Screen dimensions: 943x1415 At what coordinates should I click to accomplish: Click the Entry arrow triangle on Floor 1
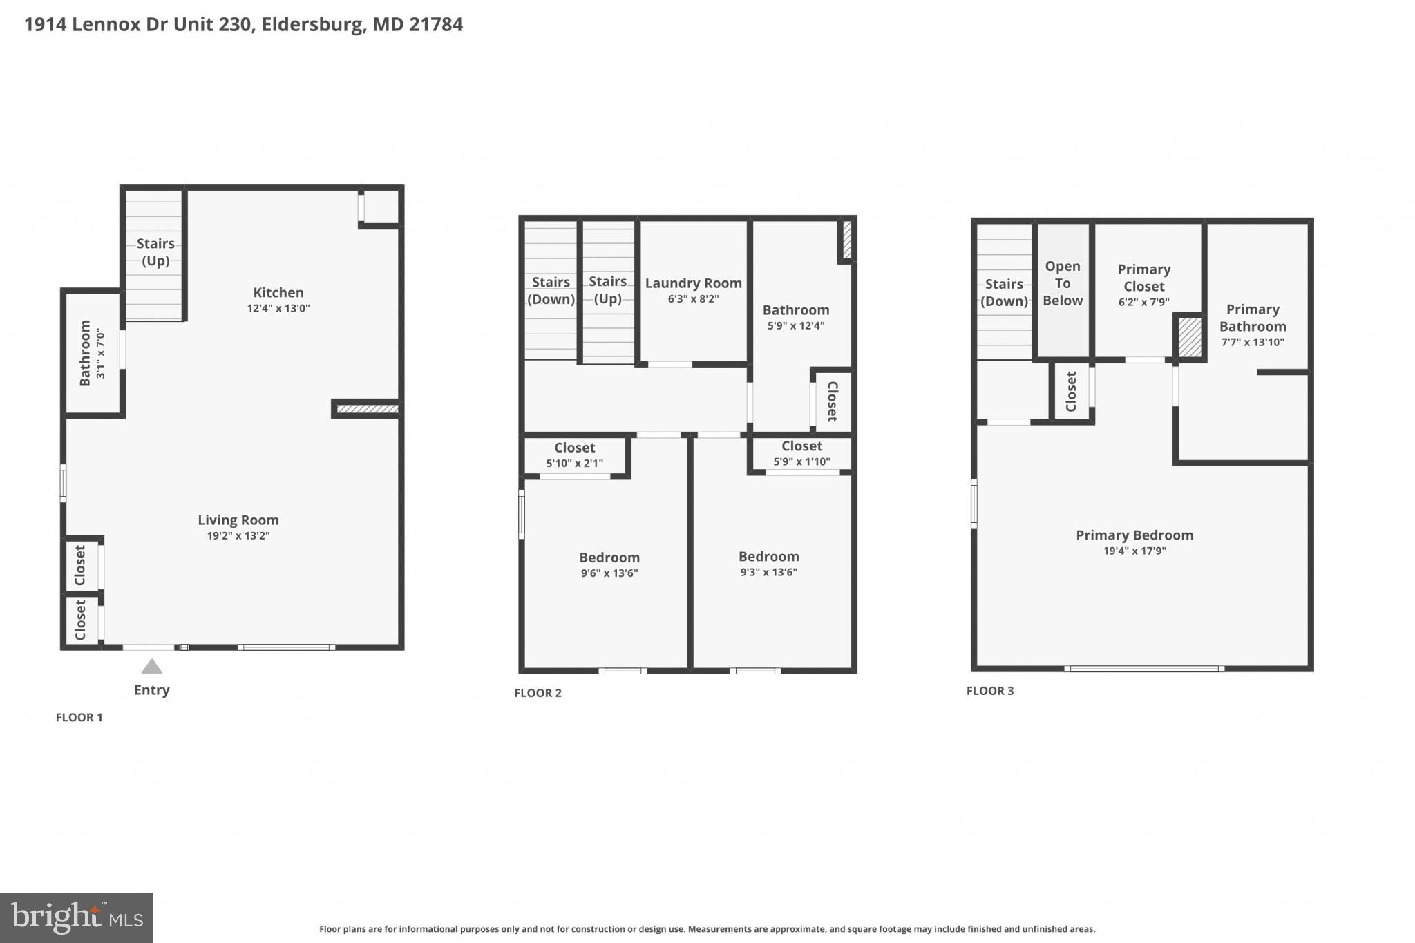pos(151,667)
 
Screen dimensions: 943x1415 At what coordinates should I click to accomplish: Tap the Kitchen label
pos(278,292)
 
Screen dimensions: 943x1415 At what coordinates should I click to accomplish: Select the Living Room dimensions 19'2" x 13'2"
pos(238,536)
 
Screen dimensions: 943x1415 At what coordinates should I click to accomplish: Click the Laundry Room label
pos(693,283)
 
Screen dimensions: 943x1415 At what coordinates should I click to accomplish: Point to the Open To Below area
pos(1062,284)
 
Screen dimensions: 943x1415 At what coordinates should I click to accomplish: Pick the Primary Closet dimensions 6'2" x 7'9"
pos(1143,303)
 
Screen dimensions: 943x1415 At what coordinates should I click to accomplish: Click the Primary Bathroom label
pos(1252,318)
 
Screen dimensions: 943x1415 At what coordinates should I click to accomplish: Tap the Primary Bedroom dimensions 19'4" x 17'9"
pos(1134,551)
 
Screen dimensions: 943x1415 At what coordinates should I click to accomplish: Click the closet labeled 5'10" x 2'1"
pos(574,455)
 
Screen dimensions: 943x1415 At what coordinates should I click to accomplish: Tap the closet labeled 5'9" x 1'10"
pos(801,453)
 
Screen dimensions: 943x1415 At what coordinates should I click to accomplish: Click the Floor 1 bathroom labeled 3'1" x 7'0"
pos(91,353)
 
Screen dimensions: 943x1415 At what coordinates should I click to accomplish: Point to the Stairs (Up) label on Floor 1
pos(155,252)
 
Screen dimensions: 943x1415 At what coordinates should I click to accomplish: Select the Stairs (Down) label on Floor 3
pos(1003,292)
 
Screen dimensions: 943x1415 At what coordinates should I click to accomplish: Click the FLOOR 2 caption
pos(538,693)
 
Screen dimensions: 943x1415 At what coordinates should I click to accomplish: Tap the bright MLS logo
pos(76,917)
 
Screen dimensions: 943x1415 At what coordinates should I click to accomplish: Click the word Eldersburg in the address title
pos(312,25)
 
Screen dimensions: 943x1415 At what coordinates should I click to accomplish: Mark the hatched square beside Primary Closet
pos(1189,336)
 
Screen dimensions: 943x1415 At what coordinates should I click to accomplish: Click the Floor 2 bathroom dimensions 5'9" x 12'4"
pos(795,326)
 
